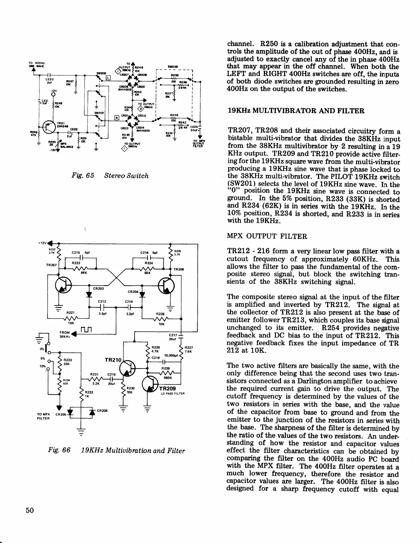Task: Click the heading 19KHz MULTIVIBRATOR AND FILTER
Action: [296, 111]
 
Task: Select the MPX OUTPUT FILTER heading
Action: [267, 236]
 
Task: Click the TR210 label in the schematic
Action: [113, 360]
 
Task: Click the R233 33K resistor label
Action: [67, 362]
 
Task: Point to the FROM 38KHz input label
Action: [65, 334]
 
